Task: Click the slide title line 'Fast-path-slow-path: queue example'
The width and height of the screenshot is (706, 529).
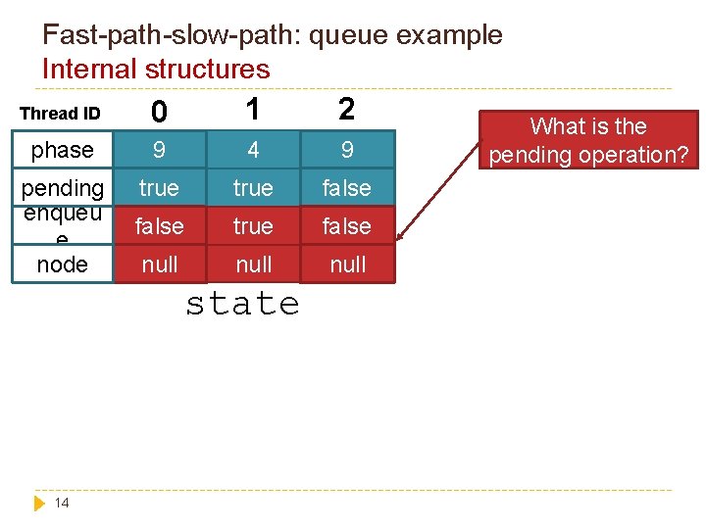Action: click(x=272, y=35)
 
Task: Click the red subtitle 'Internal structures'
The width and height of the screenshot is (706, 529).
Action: click(x=155, y=69)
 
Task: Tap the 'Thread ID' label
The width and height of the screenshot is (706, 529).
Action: click(x=60, y=114)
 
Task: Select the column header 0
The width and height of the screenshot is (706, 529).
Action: click(x=159, y=114)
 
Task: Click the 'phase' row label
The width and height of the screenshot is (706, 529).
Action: click(x=62, y=150)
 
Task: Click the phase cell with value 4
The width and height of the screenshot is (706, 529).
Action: click(x=253, y=151)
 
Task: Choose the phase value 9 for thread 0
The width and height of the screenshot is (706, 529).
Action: click(x=159, y=151)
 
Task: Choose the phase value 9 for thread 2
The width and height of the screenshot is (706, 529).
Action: click(x=347, y=151)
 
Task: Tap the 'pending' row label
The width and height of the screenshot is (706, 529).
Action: click(x=62, y=187)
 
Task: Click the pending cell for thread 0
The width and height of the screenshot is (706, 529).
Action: click(x=159, y=188)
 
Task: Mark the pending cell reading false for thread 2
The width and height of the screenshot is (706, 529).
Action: click(x=347, y=188)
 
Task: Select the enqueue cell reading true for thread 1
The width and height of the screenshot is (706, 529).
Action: click(x=253, y=226)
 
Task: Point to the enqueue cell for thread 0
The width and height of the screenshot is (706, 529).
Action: click(x=159, y=226)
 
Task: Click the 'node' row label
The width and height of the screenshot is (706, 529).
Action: click(x=62, y=264)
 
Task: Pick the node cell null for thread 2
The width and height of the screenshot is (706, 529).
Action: click(x=347, y=264)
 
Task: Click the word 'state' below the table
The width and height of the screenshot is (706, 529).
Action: click(x=242, y=304)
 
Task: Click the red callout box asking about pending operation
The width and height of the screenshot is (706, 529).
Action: click(x=588, y=140)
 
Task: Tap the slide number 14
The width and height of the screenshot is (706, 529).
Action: click(x=62, y=503)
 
